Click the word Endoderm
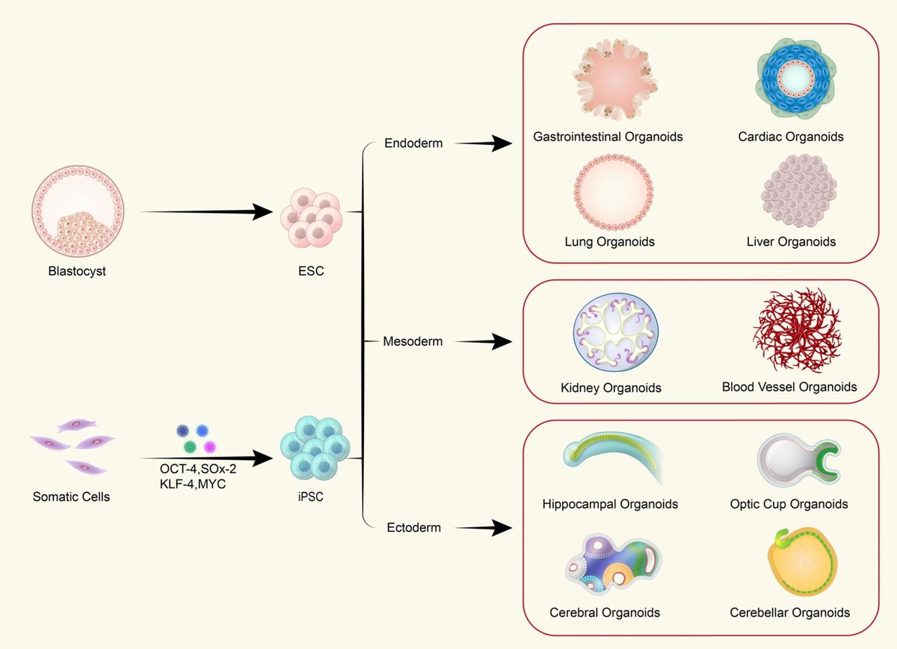413,143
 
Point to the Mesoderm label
413,341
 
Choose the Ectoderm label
413,527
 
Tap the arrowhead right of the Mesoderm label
501,342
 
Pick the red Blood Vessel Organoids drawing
796,332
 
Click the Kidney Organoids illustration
611,335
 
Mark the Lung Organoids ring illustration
613,192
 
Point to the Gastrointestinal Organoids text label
608,137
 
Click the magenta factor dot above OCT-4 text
210,447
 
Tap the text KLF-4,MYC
191,483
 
